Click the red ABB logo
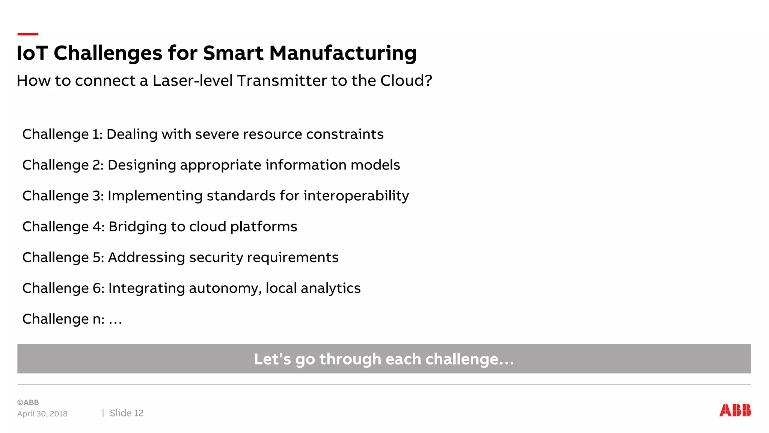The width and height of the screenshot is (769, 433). click(x=735, y=410)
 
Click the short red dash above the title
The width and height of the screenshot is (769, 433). click(x=28, y=34)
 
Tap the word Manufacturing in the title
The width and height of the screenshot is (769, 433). click(x=343, y=53)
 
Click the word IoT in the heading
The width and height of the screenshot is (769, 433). click(x=32, y=53)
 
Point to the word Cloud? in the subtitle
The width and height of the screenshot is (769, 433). click(x=406, y=81)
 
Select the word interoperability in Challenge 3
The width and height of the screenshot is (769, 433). click(x=356, y=196)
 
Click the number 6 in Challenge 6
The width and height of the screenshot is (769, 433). click(x=97, y=289)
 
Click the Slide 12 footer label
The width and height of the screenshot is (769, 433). click(x=127, y=413)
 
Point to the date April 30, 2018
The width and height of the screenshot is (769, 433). click(x=42, y=414)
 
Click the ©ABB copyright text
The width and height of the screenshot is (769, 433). click(x=28, y=403)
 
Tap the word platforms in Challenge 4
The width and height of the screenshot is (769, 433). click(x=264, y=227)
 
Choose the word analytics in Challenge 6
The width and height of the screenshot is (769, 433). click(x=330, y=289)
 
